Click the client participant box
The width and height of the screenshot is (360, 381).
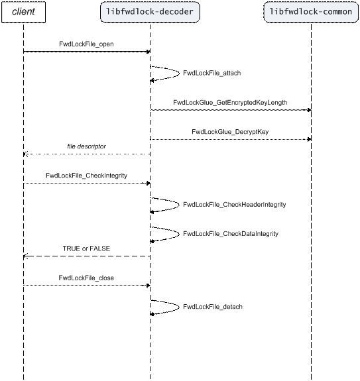click(24, 12)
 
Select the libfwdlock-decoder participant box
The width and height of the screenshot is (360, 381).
click(150, 12)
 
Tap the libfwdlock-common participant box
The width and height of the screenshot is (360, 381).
click(311, 12)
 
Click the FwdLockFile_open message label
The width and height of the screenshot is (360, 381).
click(86, 44)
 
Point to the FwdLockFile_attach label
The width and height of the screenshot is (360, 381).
click(212, 73)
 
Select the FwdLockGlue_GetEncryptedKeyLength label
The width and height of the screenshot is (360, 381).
click(230, 103)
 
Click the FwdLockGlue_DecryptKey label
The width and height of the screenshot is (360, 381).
click(230, 132)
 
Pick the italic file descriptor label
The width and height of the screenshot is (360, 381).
click(87, 146)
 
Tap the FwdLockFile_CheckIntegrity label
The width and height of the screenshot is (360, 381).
click(87, 176)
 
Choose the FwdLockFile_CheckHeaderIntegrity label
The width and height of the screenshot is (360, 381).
click(234, 205)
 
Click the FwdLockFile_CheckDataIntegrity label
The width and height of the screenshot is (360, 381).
click(231, 234)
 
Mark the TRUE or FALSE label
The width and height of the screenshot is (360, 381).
click(87, 248)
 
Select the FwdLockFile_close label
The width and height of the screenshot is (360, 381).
click(86, 278)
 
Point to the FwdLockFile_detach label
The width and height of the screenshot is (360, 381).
click(213, 307)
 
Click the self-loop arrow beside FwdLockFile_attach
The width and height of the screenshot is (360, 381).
click(179, 73)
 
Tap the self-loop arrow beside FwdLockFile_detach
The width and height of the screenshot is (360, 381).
click(179, 307)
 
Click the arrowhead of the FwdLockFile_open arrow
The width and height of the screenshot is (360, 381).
click(149, 52)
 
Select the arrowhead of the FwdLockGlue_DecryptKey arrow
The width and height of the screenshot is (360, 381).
click(309, 139)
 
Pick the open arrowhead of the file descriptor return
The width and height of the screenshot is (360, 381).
click(26, 154)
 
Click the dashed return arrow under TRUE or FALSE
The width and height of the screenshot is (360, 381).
click(87, 256)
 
